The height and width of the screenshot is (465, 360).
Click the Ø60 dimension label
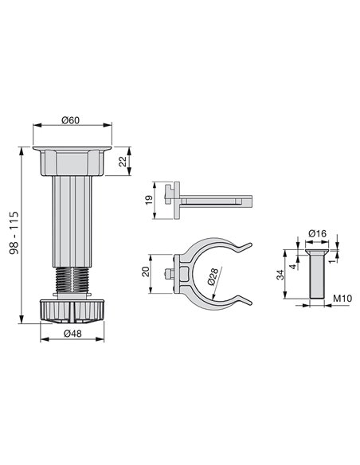(72, 119)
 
